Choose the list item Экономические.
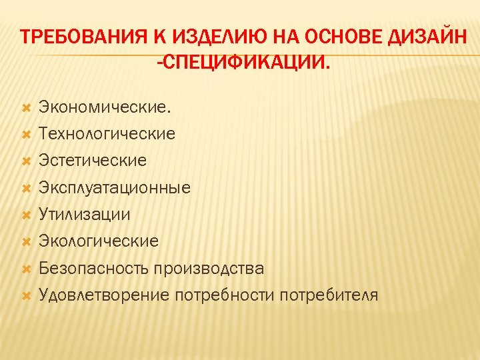105,107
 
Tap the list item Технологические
107,134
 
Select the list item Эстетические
93,161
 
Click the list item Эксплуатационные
115,188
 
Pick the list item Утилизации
85,215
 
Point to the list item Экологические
99,241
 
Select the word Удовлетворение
103,295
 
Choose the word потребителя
329,295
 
